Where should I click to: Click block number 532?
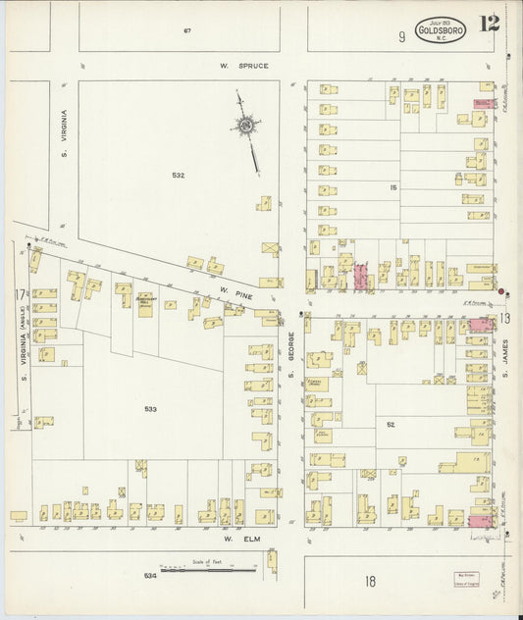[178, 175]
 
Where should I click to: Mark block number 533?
[150, 409]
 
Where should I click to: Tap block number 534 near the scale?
[149, 575]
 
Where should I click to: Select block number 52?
[390, 424]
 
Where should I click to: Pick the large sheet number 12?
[490, 24]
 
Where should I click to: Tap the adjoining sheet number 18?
[370, 582]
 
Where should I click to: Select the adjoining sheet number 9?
[401, 37]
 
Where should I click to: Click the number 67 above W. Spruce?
[185, 31]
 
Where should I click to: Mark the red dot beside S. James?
[502, 291]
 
